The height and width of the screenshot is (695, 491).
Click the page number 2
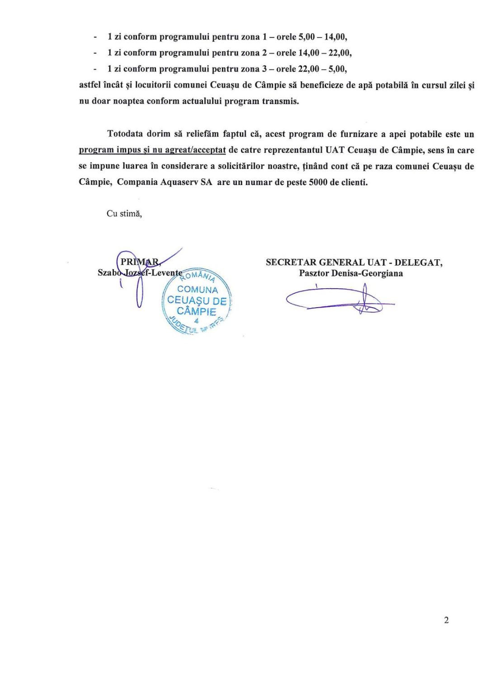446,620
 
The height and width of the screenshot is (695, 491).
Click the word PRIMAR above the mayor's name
140,262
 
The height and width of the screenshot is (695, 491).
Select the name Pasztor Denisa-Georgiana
350,273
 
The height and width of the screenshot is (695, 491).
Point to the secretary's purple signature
339,299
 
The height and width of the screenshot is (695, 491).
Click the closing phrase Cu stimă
124,214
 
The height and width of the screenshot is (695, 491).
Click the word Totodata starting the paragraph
125,134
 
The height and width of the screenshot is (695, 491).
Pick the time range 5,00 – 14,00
323,37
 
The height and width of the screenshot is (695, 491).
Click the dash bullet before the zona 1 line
95,37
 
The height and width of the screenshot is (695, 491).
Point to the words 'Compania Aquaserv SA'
165,182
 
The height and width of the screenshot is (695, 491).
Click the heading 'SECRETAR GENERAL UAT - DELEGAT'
354,262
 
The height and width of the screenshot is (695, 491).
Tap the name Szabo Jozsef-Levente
140,273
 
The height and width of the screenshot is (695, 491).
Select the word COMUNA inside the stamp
198,290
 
